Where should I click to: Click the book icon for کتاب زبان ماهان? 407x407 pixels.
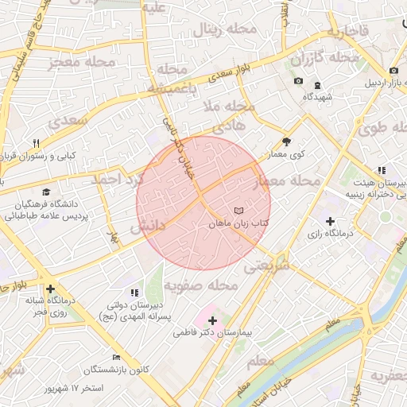239,210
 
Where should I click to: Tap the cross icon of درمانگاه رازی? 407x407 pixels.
330,220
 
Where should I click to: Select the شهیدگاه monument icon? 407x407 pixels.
317,85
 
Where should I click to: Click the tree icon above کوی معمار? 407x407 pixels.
287,141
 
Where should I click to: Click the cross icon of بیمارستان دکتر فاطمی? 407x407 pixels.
212,320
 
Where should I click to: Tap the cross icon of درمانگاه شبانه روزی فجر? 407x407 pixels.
51,289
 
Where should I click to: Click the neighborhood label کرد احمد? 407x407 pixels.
114,180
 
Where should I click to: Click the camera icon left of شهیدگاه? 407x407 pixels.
298,81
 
